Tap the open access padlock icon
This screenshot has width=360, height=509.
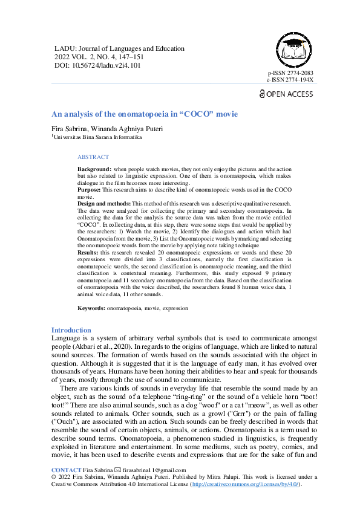pos(261,94)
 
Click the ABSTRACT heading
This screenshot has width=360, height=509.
pos(93,157)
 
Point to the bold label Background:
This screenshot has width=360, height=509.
pos(94,168)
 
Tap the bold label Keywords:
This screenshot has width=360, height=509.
pos(91,308)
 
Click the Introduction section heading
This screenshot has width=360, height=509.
pos(71,330)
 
